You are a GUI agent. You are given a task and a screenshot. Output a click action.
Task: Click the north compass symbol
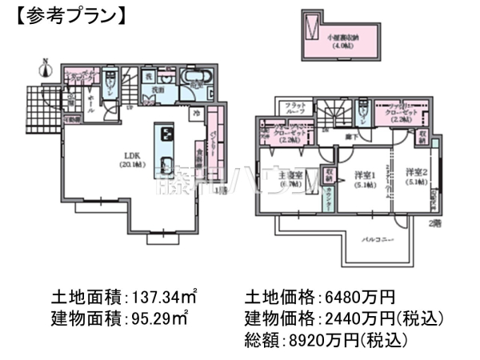(46, 67)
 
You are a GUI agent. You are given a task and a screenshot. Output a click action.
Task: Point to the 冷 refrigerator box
(195, 114)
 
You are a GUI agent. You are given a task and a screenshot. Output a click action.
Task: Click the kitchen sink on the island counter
(166, 166)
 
